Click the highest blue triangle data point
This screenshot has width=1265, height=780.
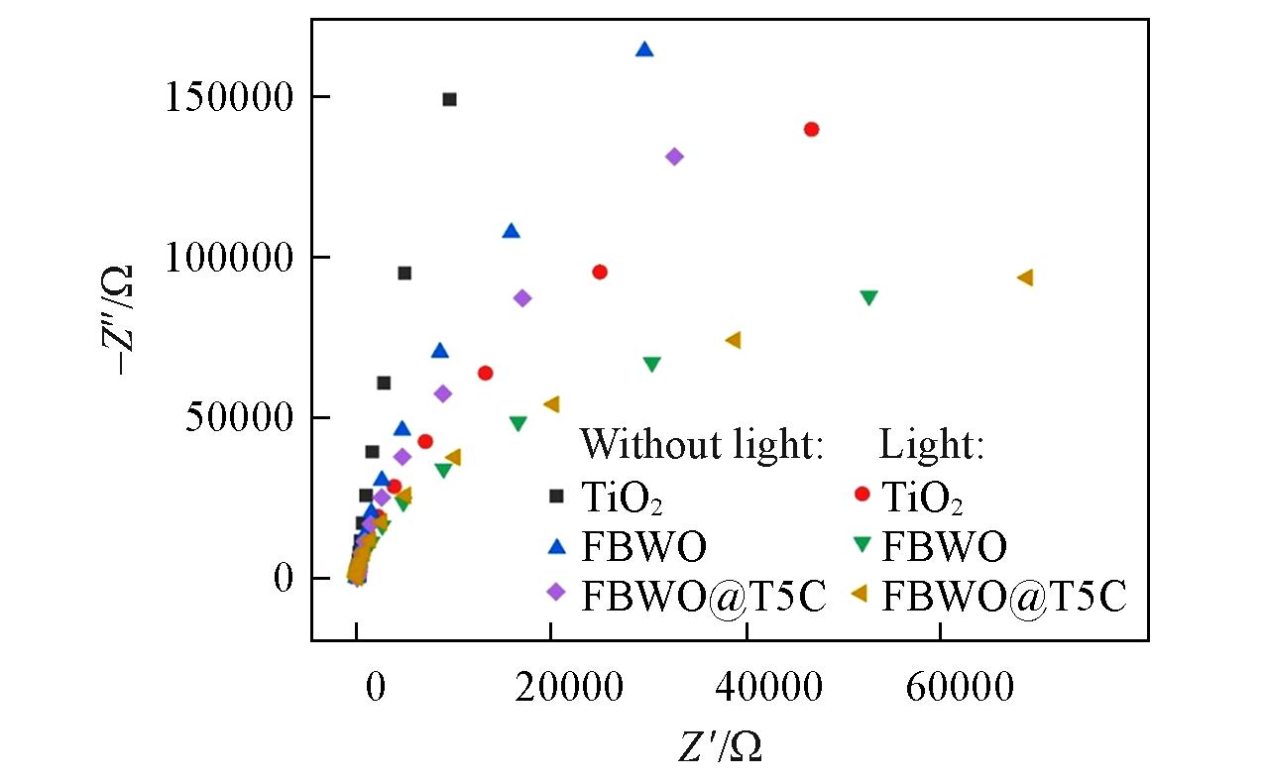[x=644, y=50]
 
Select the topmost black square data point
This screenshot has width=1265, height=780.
[x=449, y=99]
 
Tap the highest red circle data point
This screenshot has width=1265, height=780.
[x=811, y=129]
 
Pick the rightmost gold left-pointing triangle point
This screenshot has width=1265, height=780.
[x=1025, y=278]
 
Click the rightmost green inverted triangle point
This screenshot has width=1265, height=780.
[x=868, y=297]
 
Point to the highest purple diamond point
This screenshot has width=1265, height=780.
[x=674, y=157]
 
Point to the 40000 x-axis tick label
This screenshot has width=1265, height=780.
[x=745, y=686]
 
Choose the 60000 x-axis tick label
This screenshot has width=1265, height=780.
[x=939, y=686]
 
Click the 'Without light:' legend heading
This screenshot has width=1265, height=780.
[x=702, y=445]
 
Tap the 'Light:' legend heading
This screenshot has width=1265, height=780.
[x=931, y=445]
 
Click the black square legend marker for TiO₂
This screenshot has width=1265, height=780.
[x=557, y=496]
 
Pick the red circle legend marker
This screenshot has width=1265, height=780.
[x=862, y=494]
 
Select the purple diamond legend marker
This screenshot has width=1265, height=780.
[x=557, y=592]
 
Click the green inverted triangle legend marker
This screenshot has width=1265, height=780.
[x=862, y=544]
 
